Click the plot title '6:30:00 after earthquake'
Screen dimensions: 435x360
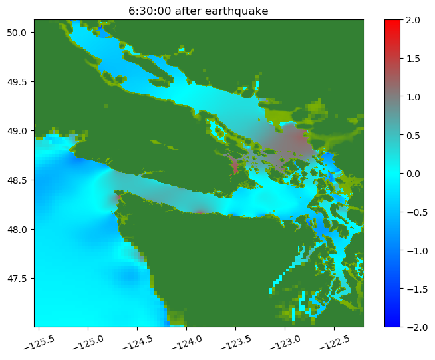click(198, 11)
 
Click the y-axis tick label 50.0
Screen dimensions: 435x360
click(17, 33)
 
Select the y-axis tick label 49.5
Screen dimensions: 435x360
click(17, 82)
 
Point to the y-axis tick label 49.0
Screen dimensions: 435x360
click(17, 130)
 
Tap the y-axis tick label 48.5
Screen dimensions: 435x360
click(17, 180)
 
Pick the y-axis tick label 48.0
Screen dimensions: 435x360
click(17, 230)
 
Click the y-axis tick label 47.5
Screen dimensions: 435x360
click(17, 279)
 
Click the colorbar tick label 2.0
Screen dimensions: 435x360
click(413, 20)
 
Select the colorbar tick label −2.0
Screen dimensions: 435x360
click(417, 327)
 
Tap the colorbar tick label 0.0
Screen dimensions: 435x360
click(413, 174)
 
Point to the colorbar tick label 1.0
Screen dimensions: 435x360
click(413, 97)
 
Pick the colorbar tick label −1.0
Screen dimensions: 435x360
click(417, 251)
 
